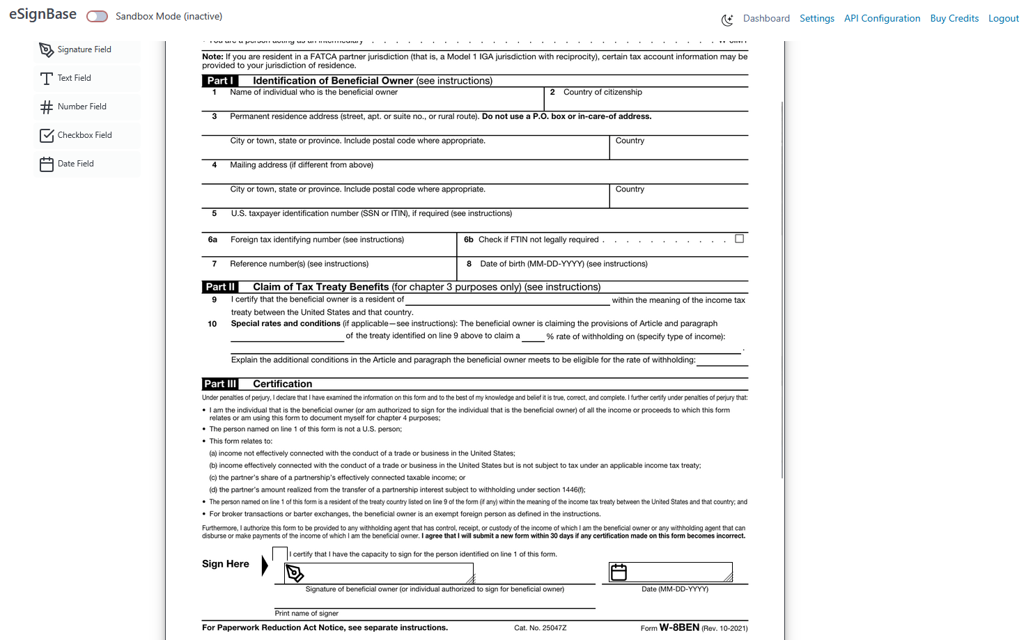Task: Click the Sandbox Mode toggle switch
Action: coord(97,16)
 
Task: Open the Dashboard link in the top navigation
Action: coord(766,19)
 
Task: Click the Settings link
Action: coord(816,19)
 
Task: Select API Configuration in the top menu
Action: coord(882,19)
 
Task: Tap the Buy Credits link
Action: coord(954,19)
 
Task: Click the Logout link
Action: coord(1003,19)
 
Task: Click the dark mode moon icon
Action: coord(727,20)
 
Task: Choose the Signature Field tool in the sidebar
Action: coord(84,49)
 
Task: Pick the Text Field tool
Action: coord(74,78)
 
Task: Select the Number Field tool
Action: coord(81,107)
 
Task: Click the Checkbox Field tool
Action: coord(84,135)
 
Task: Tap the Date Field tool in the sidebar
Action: coord(75,164)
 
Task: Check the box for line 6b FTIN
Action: coord(740,239)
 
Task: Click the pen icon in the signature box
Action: coord(295,573)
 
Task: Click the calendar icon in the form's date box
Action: coord(619,572)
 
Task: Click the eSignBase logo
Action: coord(42,15)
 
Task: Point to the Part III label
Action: coord(220,384)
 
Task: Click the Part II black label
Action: coord(220,287)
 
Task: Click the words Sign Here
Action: coord(226,564)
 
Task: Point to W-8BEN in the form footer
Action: coord(679,627)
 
